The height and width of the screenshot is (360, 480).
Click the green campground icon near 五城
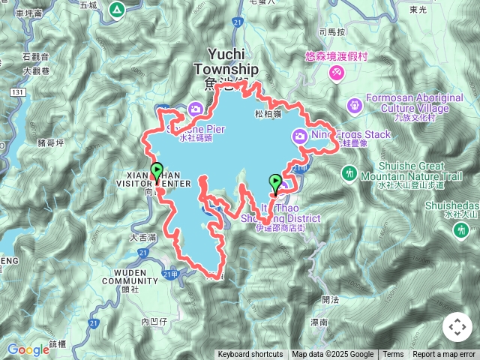[116, 10]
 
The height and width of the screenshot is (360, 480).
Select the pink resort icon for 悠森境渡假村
[337, 72]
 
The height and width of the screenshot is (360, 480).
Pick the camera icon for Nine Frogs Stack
[299, 135]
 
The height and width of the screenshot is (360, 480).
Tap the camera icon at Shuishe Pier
[196, 109]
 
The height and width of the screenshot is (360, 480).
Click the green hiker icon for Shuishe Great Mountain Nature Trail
[349, 173]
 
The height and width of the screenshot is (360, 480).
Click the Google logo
[28, 349]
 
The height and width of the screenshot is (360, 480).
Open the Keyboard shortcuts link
[250, 355]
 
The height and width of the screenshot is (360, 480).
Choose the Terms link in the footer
[393, 355]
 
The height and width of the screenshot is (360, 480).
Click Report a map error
[445, 355]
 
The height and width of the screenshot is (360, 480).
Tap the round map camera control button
[457, 327]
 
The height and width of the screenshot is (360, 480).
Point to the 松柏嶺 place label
[268, 114]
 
